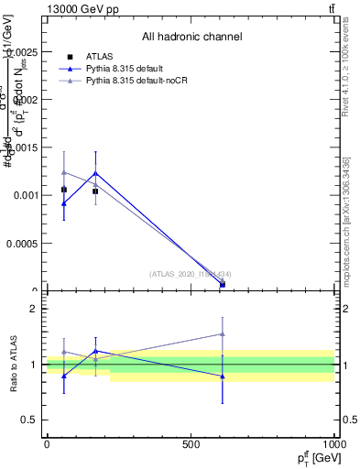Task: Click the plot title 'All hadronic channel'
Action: pos(191,38)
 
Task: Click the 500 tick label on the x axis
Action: pos(191,445)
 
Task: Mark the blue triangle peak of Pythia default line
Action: pos(95,173)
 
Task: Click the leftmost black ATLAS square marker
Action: pos(63,190)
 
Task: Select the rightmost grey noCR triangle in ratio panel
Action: pos(223,334)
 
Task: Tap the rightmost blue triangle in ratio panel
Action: pos(223,376)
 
